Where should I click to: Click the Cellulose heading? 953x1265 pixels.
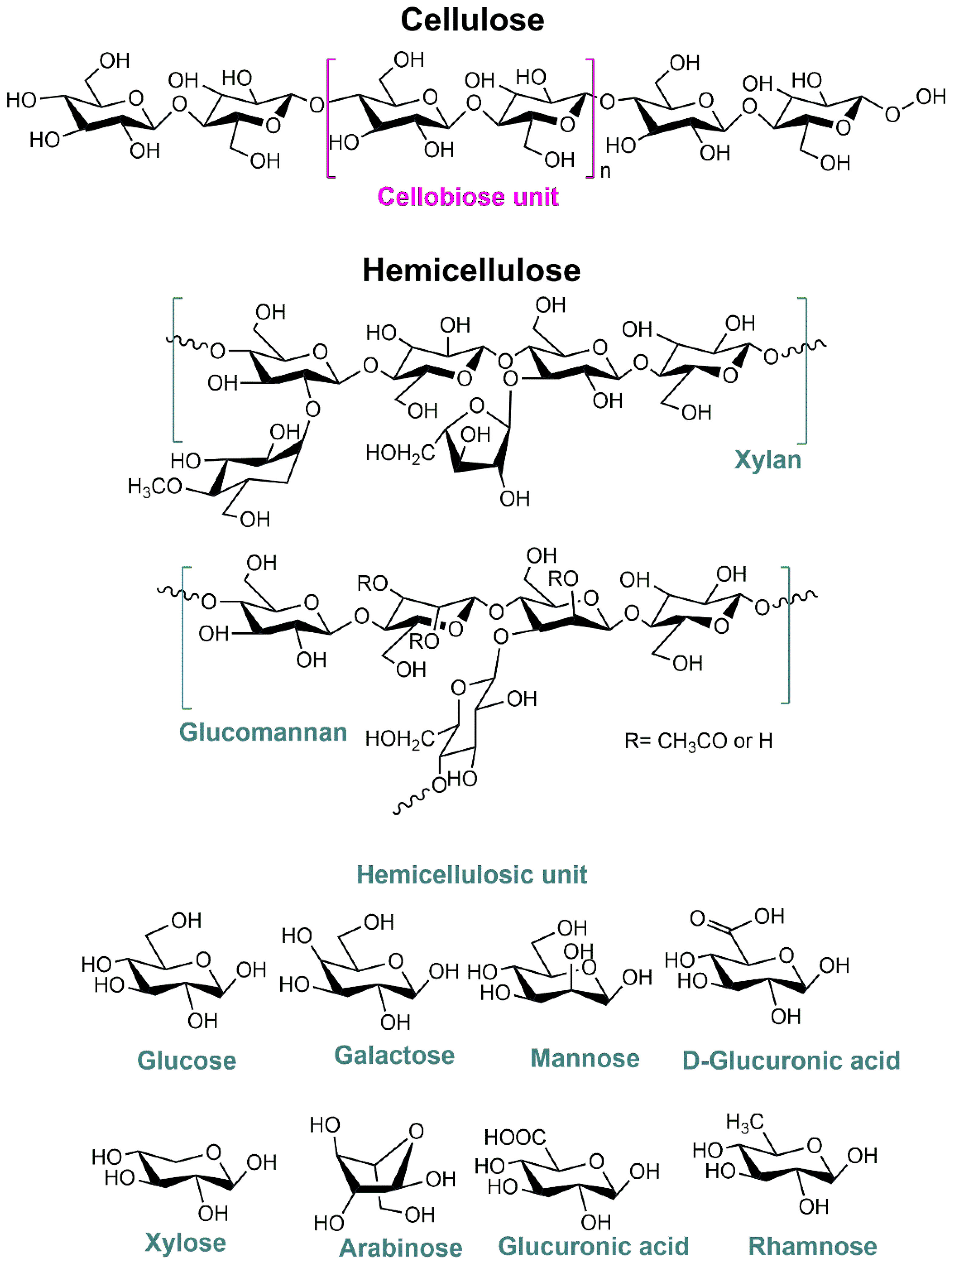(472, 21)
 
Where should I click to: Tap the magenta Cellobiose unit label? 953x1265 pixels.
(468, 197)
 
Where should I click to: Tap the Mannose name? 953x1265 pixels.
(585, 1059)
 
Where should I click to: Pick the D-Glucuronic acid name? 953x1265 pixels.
(791, 1061)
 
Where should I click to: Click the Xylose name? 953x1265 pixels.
(186, 1243)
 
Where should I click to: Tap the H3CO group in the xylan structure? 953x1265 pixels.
(154, 487)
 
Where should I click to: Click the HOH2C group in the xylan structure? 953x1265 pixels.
(400, 453)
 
